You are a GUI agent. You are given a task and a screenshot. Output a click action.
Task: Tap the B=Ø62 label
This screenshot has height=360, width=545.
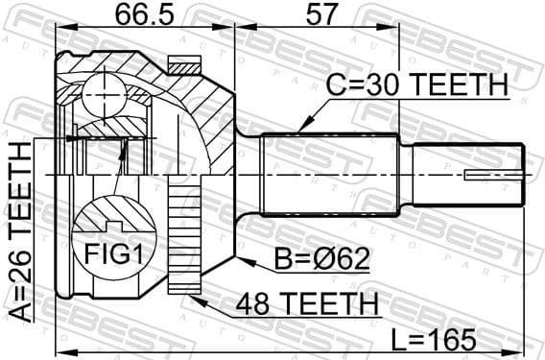point(298,259)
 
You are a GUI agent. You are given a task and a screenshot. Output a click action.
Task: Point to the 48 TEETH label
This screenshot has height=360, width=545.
point(302,305)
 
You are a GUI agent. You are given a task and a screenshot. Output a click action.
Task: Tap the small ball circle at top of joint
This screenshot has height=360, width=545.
point(101,92)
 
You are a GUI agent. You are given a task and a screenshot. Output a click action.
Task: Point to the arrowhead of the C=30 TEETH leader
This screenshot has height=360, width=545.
point(300,129)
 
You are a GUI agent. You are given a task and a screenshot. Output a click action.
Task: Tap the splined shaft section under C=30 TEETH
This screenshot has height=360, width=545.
point(331,174)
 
